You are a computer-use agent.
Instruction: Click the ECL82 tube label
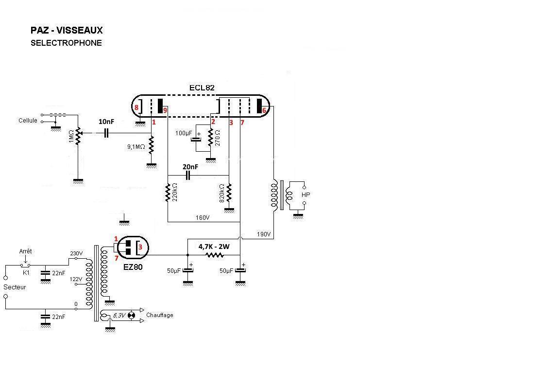click(202, 88)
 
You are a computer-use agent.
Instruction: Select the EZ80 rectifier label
click(133, 267)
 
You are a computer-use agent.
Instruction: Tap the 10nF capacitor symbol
click(106, 133)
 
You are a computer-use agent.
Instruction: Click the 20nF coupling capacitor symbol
click(188, 176)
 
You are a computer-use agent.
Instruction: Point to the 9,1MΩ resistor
click(152, 145)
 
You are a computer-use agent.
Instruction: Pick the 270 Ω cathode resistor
click(210, 138)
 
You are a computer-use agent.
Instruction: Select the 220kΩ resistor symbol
click(168, 193)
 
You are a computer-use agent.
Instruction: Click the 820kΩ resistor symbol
click(229, 193)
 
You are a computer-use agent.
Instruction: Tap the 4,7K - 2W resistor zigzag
click(215, 255)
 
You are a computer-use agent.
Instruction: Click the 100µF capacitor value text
click(184, 133)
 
